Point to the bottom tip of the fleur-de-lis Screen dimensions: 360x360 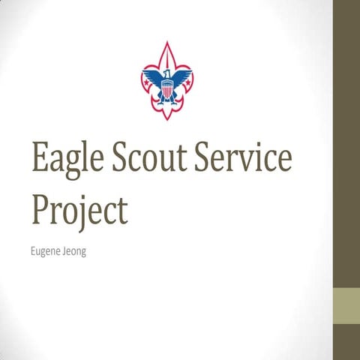coord(166,121)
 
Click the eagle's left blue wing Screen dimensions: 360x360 coord(152,78)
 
